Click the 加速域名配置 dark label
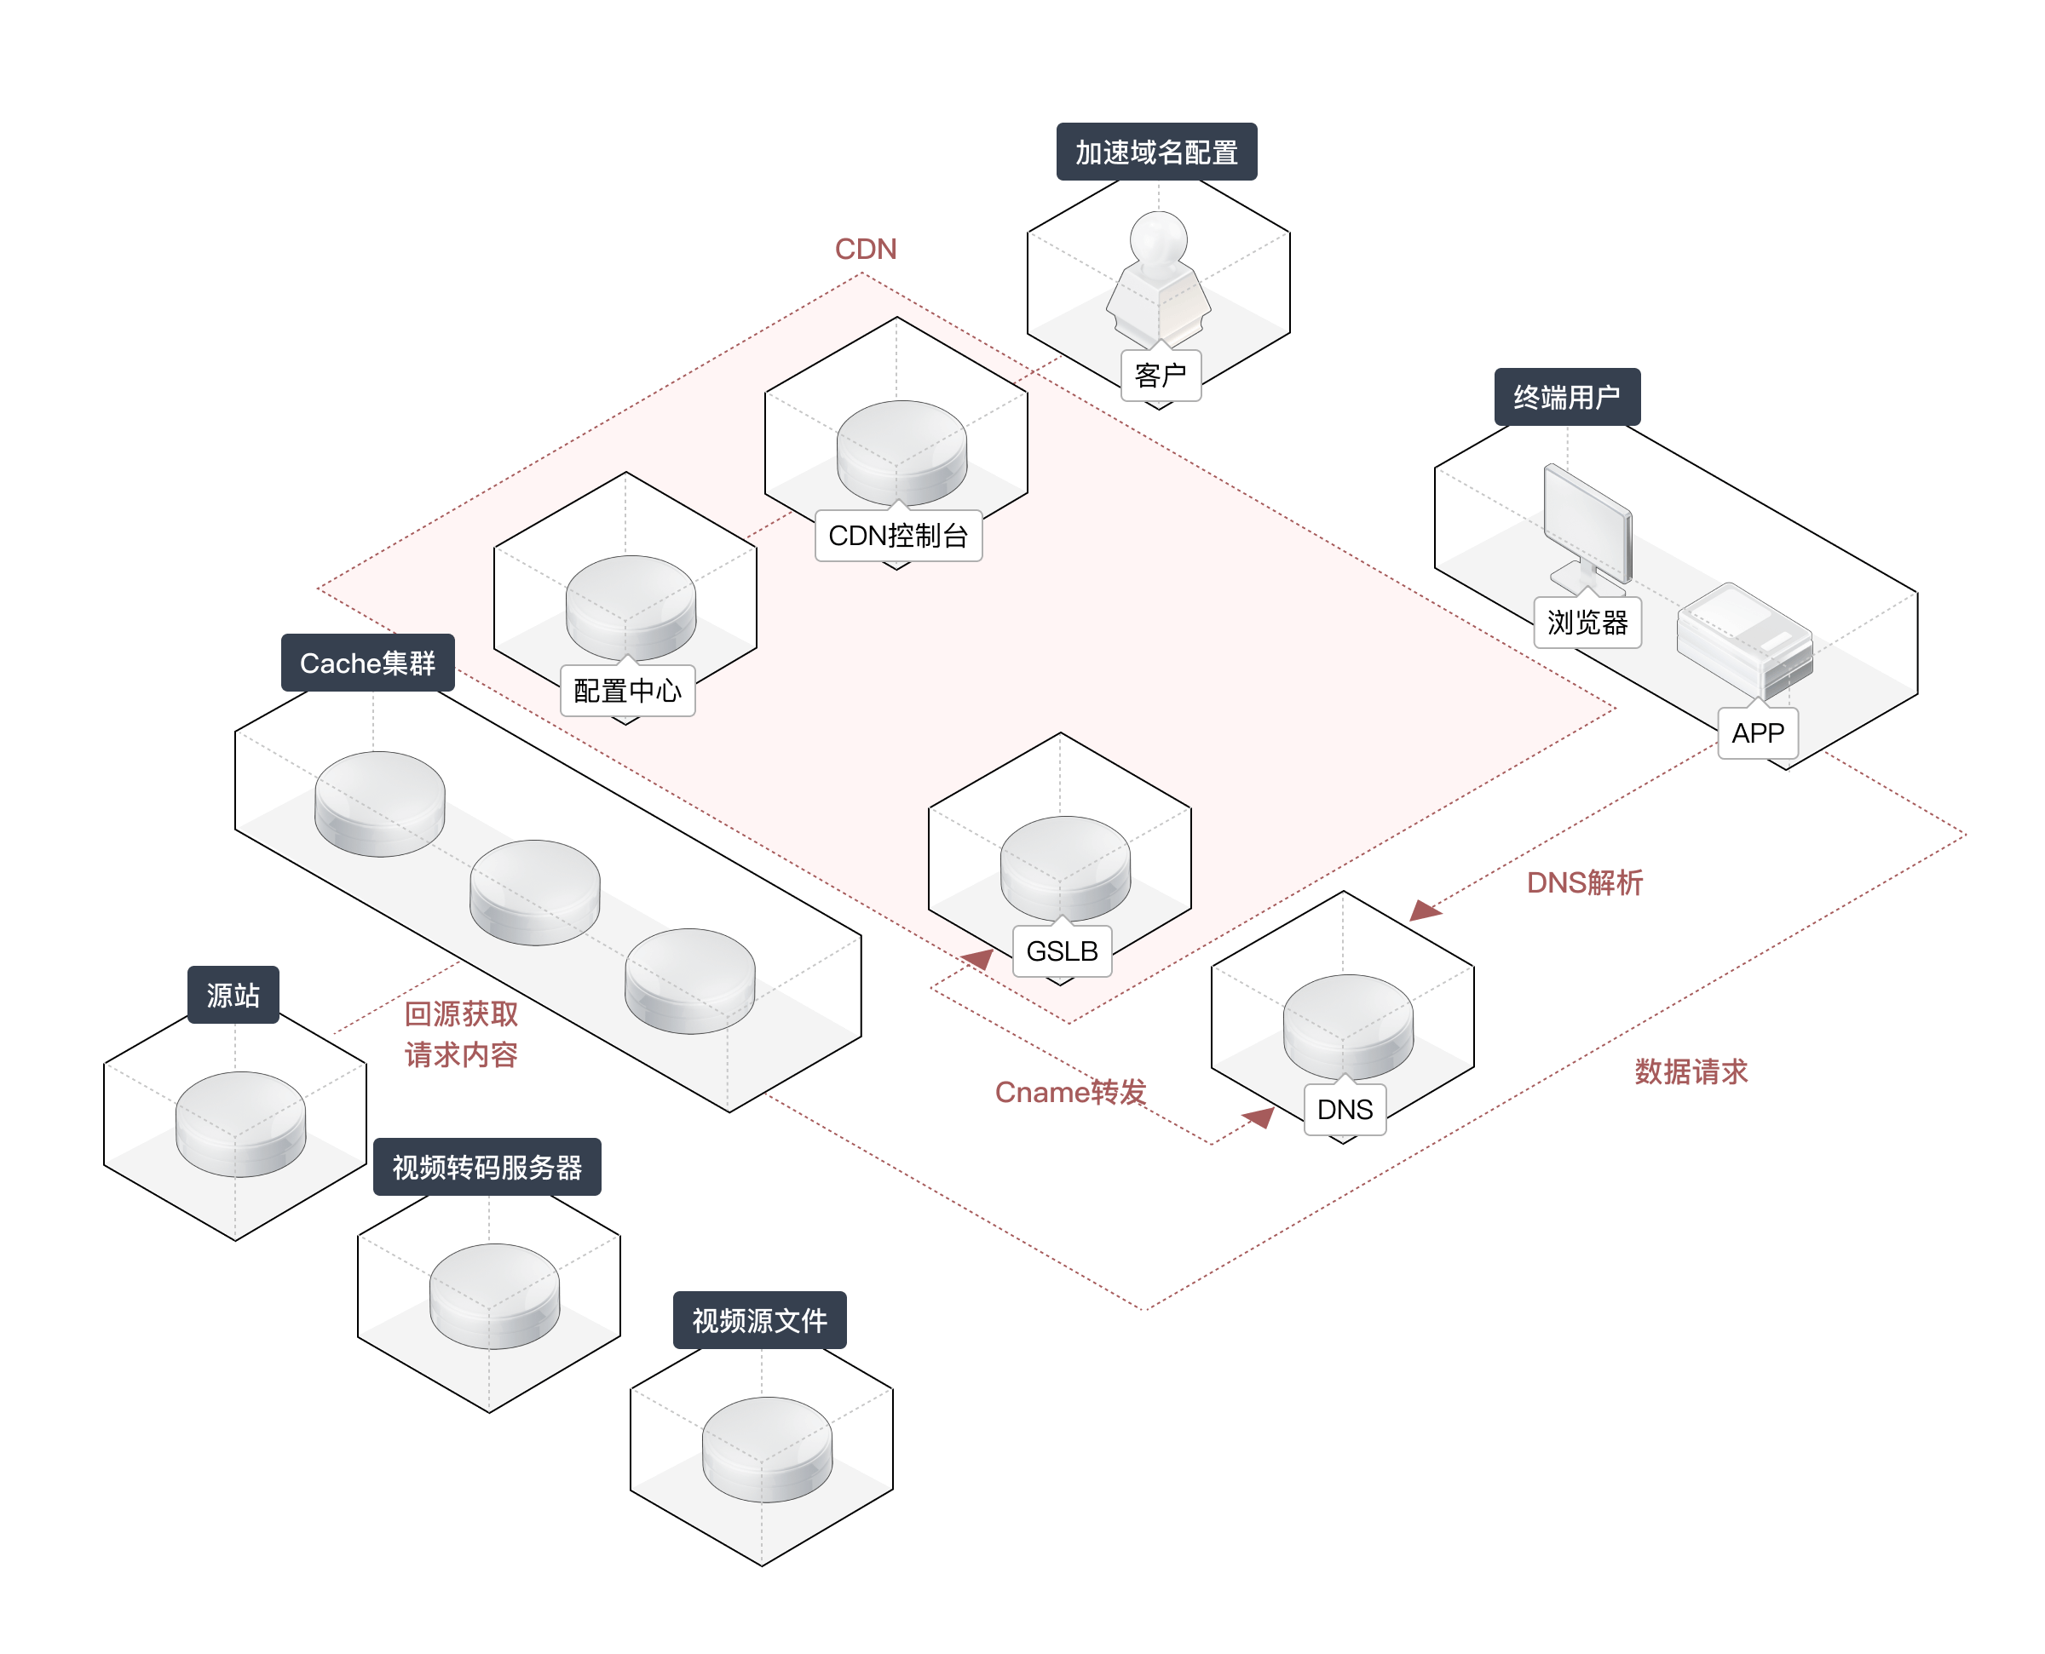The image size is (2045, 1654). click(x=1156, y=152)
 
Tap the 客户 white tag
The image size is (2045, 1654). click(x=1160, y=376)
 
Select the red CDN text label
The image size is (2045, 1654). click(x=865, y=249)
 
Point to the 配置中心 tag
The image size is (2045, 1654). click(x=627, y=690)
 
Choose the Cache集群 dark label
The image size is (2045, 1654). click(x=368, y=662)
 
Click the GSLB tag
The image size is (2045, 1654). click(x=1062, y=950)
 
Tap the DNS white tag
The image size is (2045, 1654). click(x=1345, y=1109)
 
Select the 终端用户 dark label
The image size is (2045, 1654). click(x=1567, y=396)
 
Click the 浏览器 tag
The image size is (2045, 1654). click(x=1587, y=623)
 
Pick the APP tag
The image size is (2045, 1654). click(x=1757, y=732)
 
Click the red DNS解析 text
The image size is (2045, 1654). click(x=1585, y=882)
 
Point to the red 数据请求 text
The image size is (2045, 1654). click(x=1691, y=1071)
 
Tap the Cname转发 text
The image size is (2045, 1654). click(x=1070, y=1092)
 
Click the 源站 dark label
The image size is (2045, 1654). click(x=233, y=995)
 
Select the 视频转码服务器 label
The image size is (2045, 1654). click(x=487, y=1166)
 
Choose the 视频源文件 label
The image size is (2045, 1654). click(x=759, y=1319)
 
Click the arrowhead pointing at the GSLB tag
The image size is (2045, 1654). click(x=977, y=958)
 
